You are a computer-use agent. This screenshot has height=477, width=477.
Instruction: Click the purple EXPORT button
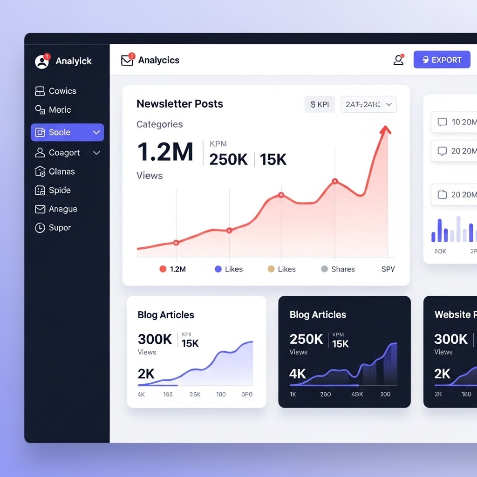(x=442, y=60)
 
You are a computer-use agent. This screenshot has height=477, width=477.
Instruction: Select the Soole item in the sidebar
(x=67, y=132)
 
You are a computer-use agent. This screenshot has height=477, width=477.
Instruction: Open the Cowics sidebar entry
(x=56, y=91)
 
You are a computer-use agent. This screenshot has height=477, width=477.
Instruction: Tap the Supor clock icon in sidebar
(x=40, y=228)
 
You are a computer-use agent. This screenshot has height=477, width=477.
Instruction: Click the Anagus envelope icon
(x=40, y=209)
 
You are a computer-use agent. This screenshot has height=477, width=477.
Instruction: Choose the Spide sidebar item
(x=53, y=190)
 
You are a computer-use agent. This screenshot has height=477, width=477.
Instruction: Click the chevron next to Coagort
(x=96, y=153)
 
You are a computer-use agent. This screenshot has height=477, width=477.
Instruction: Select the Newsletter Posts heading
(x=180, y=104)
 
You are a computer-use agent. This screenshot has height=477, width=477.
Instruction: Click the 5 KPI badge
(x=320, y=104)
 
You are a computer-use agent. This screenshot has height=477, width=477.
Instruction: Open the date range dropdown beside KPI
(x=368, y=104)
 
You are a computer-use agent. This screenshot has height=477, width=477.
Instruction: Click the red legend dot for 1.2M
(x=163, y=269)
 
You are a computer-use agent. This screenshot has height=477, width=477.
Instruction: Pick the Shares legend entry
(x=338, y=269)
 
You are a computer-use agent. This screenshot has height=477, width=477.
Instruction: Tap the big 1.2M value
(x=165, y=152)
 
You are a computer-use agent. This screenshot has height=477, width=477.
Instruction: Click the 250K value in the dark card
(x=306, y=339)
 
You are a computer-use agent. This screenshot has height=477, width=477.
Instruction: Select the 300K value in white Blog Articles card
(x=155, y=339)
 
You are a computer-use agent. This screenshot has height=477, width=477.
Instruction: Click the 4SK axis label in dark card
(x=357, y=394)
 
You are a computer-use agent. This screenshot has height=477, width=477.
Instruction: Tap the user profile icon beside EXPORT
(x=398, y=60)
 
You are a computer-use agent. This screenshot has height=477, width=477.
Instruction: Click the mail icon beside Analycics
(x=127, y=60)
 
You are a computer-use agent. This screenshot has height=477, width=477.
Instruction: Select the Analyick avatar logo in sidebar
(x=42, y=61)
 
